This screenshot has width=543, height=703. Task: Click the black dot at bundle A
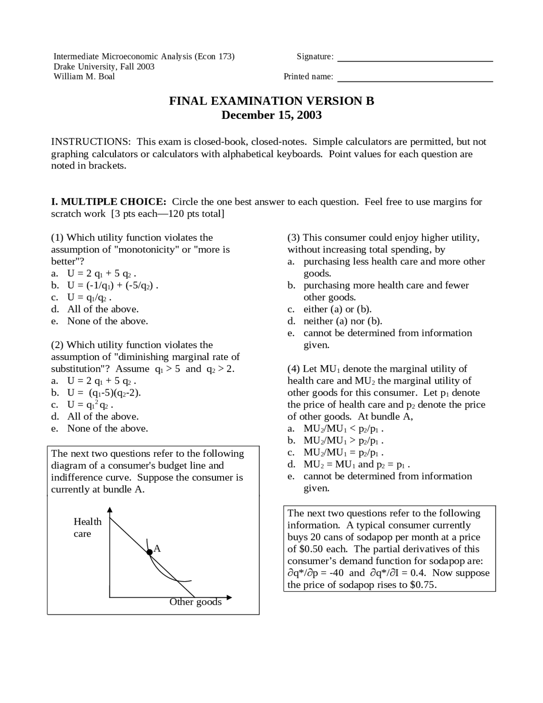point(149,552)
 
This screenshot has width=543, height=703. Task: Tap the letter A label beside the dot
point(157,548)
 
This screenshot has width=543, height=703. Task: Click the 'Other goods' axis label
point(196,602)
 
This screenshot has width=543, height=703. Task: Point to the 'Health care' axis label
point(87,527)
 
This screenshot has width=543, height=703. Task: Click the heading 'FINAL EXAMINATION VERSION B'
point(271,101)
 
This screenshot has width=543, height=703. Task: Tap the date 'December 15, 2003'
point(271,115)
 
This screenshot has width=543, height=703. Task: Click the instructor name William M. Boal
point(84,76)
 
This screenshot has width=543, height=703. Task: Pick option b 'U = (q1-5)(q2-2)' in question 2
point(104,393)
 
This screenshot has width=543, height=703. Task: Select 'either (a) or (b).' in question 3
point(337,309)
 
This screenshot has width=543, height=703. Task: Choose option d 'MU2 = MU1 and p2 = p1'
point(356,464)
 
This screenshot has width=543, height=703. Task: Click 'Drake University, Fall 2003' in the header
point(104,67)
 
